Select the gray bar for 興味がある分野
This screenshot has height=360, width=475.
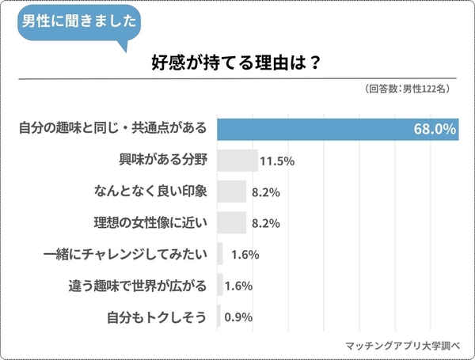[x=237, y=160]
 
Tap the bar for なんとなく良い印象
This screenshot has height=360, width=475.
[x=232, y=191]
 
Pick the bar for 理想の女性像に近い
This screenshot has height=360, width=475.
[x=232, y=223]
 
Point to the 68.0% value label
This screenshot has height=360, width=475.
[x=434, y=128]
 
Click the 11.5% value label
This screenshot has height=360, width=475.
[x=277, y=161]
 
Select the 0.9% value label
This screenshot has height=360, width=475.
[x=238, y=317]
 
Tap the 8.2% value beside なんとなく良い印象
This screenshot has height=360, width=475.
[x=266, y=192]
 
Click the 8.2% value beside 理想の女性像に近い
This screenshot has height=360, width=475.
[x=266, y=223]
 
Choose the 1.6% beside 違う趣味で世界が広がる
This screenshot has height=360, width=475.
[x=238, y=286]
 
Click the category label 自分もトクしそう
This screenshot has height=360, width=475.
[x=157, y=317]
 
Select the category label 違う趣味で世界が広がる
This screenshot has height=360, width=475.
[x=137, y=286]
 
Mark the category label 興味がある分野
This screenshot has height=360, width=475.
[x=161, y=160]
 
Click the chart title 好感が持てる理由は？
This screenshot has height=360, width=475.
[x=235, y=64]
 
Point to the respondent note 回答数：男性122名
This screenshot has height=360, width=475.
[x=408, y=89]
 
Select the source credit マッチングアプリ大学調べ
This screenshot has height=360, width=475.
[x=405, y=345]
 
